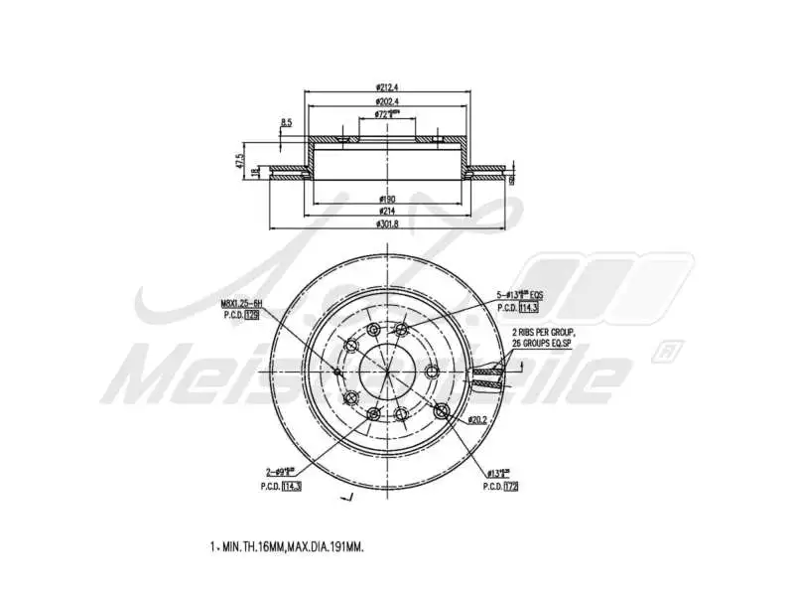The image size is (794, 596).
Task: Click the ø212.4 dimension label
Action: (x=387, y=86)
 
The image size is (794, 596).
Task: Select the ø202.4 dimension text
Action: (x=387, y=101)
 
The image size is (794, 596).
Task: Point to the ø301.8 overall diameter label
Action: (x=387, y=223)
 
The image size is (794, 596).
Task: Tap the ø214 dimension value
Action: (x=387, y=212)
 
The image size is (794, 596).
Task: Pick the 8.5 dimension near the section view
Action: (x=286, y=122)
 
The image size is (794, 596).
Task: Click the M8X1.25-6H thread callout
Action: (x=241, y=305)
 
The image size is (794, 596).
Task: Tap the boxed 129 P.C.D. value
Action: (x=251, y=315)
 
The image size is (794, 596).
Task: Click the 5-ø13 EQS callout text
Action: (x=520, y=295)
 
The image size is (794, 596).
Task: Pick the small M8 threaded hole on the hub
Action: (x=338, y=372)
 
